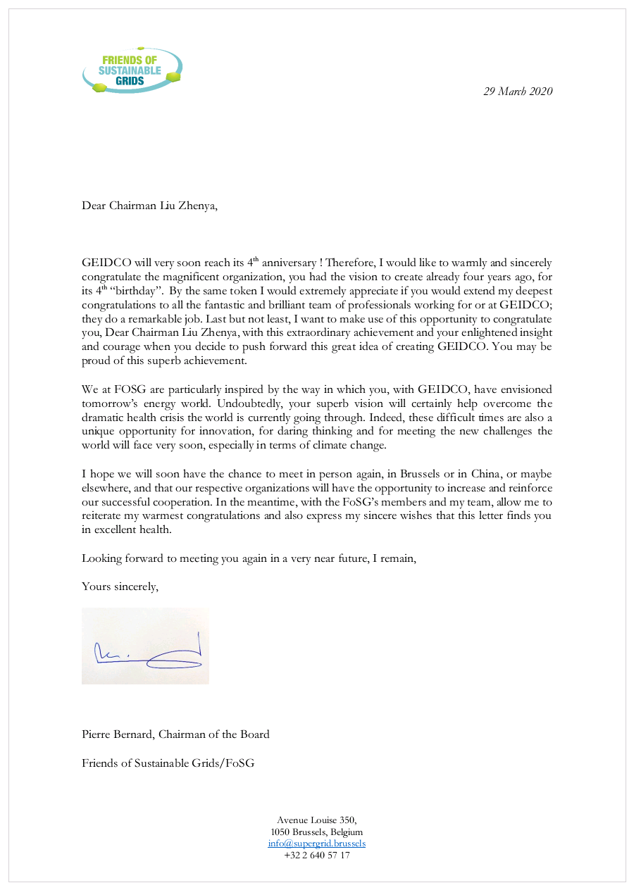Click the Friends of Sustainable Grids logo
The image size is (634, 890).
coord(132,70)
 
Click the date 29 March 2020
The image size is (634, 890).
coord(518,91)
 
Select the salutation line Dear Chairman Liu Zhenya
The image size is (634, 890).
coord(149,206)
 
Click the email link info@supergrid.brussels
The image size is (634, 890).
coord(316,843)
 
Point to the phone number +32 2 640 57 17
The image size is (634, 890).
coord(316,855)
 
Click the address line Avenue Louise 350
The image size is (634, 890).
coord(316,820)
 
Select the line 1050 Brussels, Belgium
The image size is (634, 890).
coord(316,832)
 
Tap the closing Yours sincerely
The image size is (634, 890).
coord(120,587)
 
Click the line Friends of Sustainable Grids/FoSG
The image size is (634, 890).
coord(168,763)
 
